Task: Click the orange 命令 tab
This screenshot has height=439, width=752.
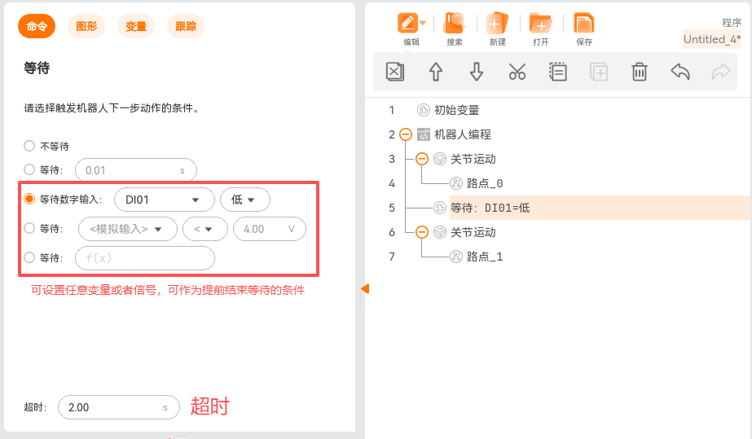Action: pyautogui.click(x=37, y=26)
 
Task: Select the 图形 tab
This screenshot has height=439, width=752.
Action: pyautogui.click(x=86, y=26)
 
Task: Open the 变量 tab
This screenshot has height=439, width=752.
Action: pyautogui.click(x=136, y=26)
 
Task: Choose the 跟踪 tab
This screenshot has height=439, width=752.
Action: pyautogui.click(x=186, y=26)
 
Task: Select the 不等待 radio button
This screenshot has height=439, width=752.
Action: pyautogui.click(x=29, y=146)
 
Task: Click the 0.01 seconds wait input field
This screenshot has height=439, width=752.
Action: pyautogui.click(x=135, y=170)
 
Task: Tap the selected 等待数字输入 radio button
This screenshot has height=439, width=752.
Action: pyautogui.click(x=29, y=200)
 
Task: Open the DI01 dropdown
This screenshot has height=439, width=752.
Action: pyautogui.click(x=164, y=200)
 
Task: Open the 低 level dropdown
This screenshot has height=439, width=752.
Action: pyautogui.click(x=244, y=200)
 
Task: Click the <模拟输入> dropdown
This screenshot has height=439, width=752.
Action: pyautogui.click(x=128, y=229)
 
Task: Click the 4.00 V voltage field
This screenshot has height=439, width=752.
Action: pyautogui.click(x=269, y=229)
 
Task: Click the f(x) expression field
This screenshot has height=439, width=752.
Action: pyautogui.click(x=144, y=258)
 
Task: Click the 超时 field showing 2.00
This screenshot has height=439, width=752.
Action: pyautogui.click(x=117, y=407)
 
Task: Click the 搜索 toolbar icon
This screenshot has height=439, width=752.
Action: pyautogui.click(x=454, y=28)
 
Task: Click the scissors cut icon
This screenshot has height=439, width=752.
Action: pyautogui.click(x=517, y=72)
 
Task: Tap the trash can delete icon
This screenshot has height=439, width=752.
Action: pyautogui.click(x=640, y=72)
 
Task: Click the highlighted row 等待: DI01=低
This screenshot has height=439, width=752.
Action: pyautogui.click(x=490, y=208)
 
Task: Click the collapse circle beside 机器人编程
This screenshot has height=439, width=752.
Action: pyautogui.click(x=406, y=134)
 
